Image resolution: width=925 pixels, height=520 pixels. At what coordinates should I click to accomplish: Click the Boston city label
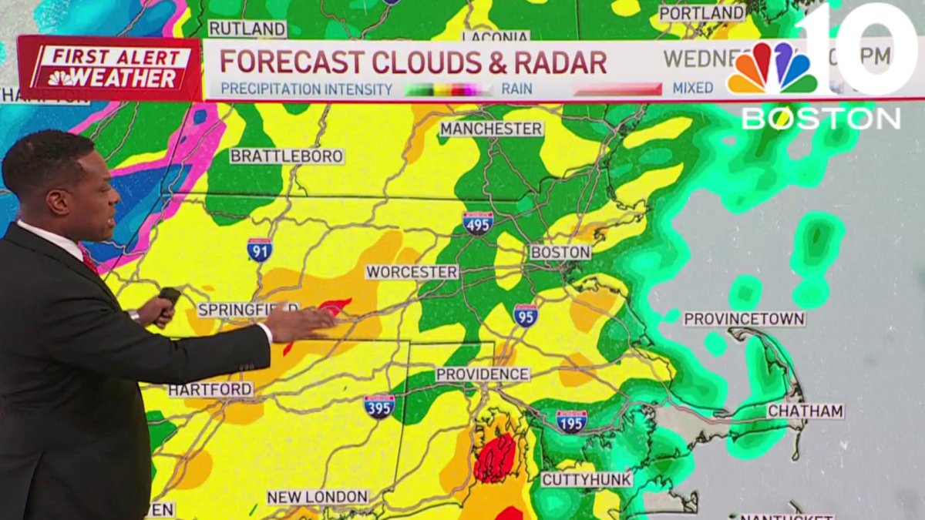click(560, 253)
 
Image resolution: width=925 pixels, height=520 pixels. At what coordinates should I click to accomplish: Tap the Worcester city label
click(412, 272)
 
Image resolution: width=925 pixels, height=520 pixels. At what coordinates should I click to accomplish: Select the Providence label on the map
click(483, 374)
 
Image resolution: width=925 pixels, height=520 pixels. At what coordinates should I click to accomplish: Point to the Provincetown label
click(744, 319)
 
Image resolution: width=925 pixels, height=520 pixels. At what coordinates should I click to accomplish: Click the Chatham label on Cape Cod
click(805, 411)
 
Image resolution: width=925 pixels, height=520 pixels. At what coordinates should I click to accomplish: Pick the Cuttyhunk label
click(587, 479)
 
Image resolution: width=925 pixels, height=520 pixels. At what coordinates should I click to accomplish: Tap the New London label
click(318, 497)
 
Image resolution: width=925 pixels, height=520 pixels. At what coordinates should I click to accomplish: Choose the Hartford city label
click(210, 390)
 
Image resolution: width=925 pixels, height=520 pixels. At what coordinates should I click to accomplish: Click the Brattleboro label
click(287, 156)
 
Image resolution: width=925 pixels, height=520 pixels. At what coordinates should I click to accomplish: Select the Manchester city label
click(491, 129)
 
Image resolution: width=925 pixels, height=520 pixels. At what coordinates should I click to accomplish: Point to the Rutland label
click(247, 29)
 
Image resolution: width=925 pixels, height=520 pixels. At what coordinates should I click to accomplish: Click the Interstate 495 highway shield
click(478, 223)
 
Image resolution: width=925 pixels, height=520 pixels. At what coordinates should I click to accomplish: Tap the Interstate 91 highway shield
click(259, 250)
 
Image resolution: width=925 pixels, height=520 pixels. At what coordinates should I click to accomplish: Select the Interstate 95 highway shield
click(525, 314)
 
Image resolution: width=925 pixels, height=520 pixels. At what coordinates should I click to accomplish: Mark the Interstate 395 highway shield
click(379, 406)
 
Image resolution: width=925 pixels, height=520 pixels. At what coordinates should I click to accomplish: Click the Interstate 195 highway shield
click(571, 421)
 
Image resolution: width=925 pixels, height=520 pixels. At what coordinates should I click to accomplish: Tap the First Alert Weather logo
click(109, 69)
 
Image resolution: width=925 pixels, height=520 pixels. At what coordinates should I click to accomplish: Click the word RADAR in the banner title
click(555, 62)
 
